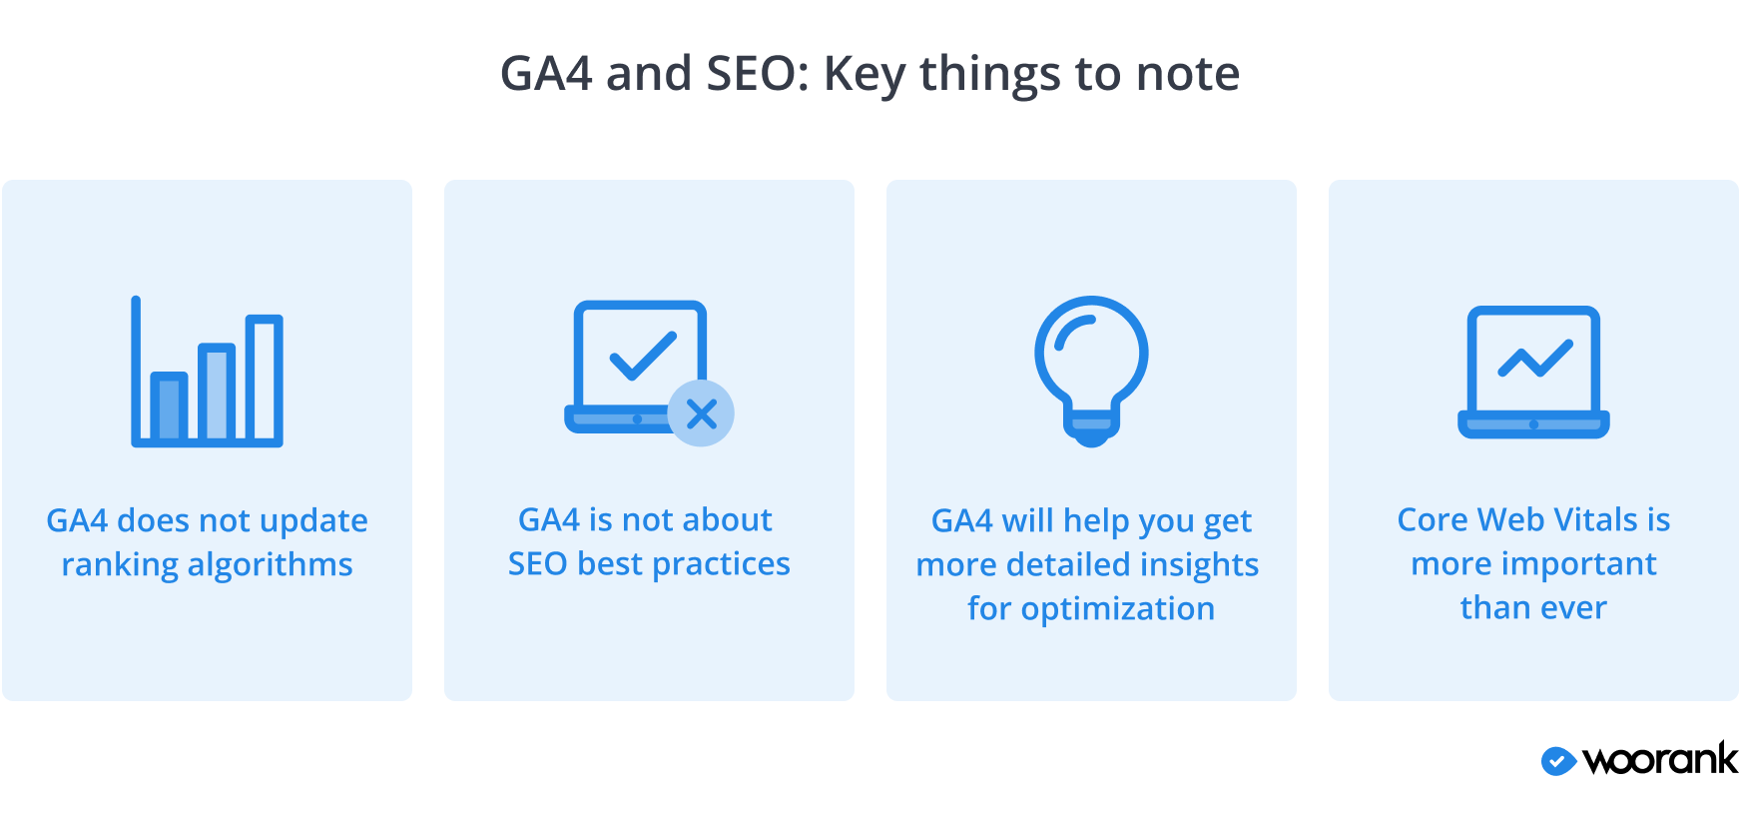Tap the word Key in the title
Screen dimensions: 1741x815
coord(864,75)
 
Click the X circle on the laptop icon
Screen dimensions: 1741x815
coord(701,413)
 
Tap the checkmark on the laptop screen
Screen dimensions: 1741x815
coord(643,356)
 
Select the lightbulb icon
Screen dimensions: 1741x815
coord(1091,371)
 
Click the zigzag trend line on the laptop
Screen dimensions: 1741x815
coord(1535,359)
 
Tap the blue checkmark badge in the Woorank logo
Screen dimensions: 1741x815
coord(1558,761)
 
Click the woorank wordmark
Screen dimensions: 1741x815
coord(1660,759)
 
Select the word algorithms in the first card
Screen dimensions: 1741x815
coord(271,565)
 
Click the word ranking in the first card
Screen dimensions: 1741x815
coord(120,565)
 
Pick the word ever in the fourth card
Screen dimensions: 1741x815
coord(1574,608)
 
